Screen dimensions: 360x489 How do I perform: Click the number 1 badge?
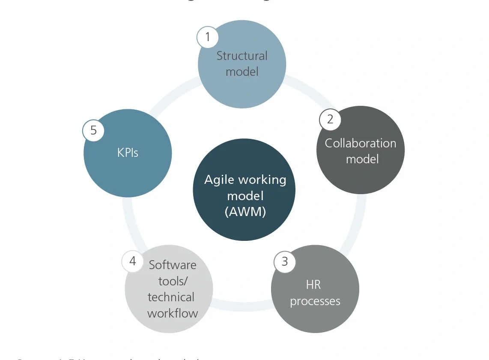click(208, 37)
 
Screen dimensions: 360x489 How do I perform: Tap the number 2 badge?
click(330, 119)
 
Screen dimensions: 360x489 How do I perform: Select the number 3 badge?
click(285, 261)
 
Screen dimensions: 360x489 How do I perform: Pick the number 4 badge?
click(133, 261)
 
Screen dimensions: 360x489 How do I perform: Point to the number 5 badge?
click(93, 130)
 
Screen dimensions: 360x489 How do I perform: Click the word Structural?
click(242, 56)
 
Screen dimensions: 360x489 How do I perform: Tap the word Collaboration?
click(361, 143)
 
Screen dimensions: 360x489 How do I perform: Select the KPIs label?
click(128, 153)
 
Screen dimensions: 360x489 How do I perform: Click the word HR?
click(313, 285)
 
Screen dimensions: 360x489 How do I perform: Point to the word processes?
click(315, 301)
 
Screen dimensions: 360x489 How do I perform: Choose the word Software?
click(173, 264)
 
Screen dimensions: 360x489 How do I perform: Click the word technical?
click(171, 297)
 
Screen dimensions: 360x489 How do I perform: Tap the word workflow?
click(173, 313)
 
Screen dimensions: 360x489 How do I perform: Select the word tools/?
click(173, 281)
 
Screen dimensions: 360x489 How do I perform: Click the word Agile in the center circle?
click(218, 180)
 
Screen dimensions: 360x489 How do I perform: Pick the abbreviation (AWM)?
click(245, 211)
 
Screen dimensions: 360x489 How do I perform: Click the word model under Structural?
click(242, 72)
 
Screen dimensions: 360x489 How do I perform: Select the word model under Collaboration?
click(362, 159)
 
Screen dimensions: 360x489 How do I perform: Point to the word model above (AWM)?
click(245, 195)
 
